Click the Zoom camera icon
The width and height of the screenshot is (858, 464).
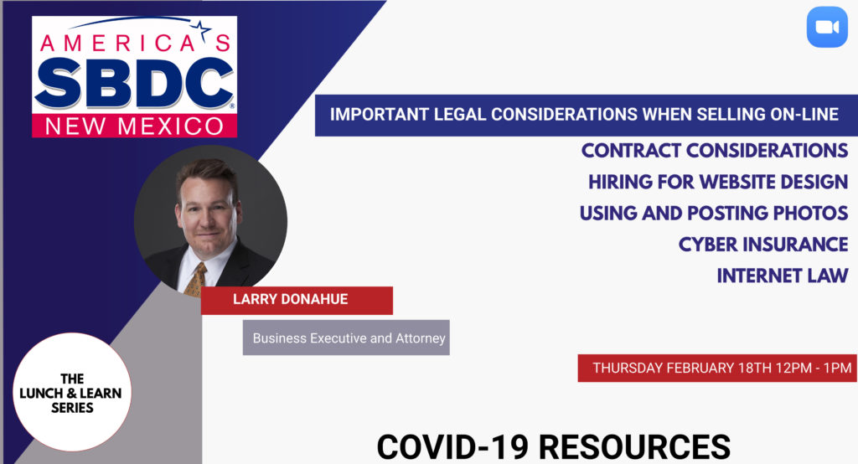click(827, 27)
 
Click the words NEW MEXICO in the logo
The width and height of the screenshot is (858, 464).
click(135, 126)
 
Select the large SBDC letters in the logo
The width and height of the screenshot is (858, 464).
click(135, 83)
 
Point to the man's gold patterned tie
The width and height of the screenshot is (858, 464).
click(195, 279)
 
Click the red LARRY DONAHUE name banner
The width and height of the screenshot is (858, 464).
click(297, 300)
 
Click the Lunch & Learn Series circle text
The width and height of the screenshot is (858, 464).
click(71, 393)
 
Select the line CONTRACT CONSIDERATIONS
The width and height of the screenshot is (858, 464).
click(714, 151)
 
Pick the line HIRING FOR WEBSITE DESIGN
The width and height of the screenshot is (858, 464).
click(718, 182)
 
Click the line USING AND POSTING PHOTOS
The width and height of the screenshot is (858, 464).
click(714, 213)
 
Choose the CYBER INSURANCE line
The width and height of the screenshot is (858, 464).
click(763, 244)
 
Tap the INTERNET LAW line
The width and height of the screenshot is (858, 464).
click(783, 276)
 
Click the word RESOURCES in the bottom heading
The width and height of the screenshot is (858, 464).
click(635, 446)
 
